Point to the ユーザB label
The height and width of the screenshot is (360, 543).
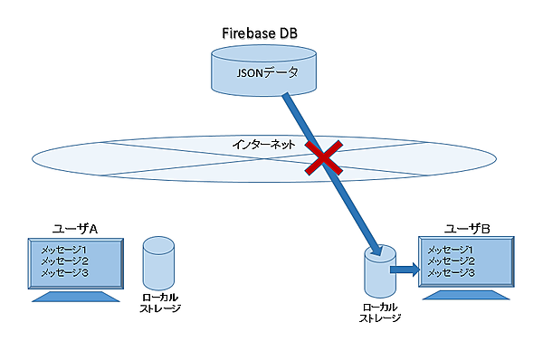click(x=467, y=228)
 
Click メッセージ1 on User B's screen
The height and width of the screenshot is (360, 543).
click(x=450, y=250)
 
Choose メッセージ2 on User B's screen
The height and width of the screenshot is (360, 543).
click(x=450, y=261)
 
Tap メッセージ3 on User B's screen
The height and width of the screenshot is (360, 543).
click(x=450, y=272)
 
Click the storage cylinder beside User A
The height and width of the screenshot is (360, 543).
click(x=158, y=262)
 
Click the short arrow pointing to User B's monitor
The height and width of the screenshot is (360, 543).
click(x=402, y=268)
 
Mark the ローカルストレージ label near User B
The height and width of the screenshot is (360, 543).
click(x=380, y=312)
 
